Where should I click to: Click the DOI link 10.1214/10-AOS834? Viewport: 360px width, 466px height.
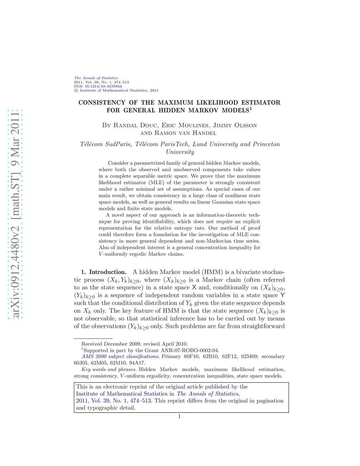(103, 86)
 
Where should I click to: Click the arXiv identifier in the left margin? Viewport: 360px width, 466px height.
(15, 215)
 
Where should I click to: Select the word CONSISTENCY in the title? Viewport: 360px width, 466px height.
(102, 103)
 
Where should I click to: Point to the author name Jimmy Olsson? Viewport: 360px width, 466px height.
(235, 126)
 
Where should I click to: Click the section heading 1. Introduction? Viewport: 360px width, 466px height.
(104, 272)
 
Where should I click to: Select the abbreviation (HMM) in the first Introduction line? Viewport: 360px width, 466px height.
(212, 272)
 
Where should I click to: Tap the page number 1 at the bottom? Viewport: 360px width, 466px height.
(180, 416)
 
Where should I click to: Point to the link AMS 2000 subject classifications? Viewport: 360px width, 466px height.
(120, 357)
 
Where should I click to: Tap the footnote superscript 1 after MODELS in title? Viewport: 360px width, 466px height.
(251, 108)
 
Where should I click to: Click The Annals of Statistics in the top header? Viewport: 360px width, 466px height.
(96, 78)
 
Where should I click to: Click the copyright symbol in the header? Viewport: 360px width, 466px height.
(76, 91)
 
